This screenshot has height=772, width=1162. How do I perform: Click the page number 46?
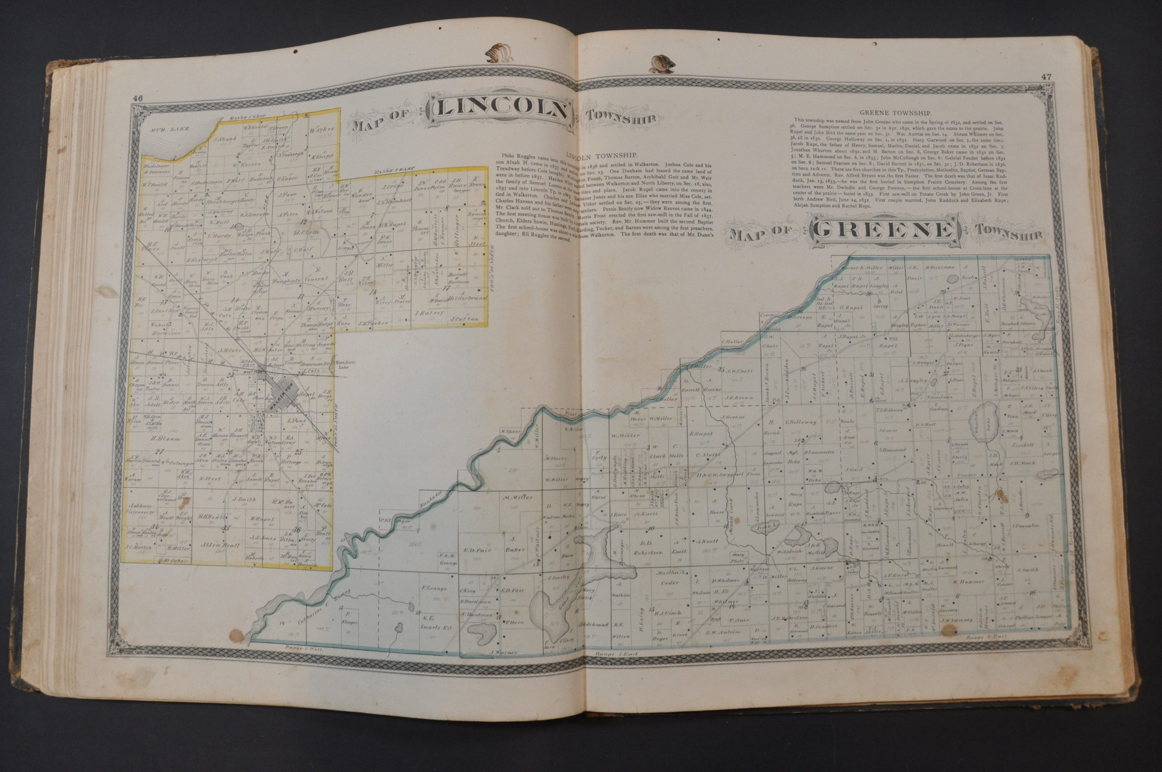[137, 98]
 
